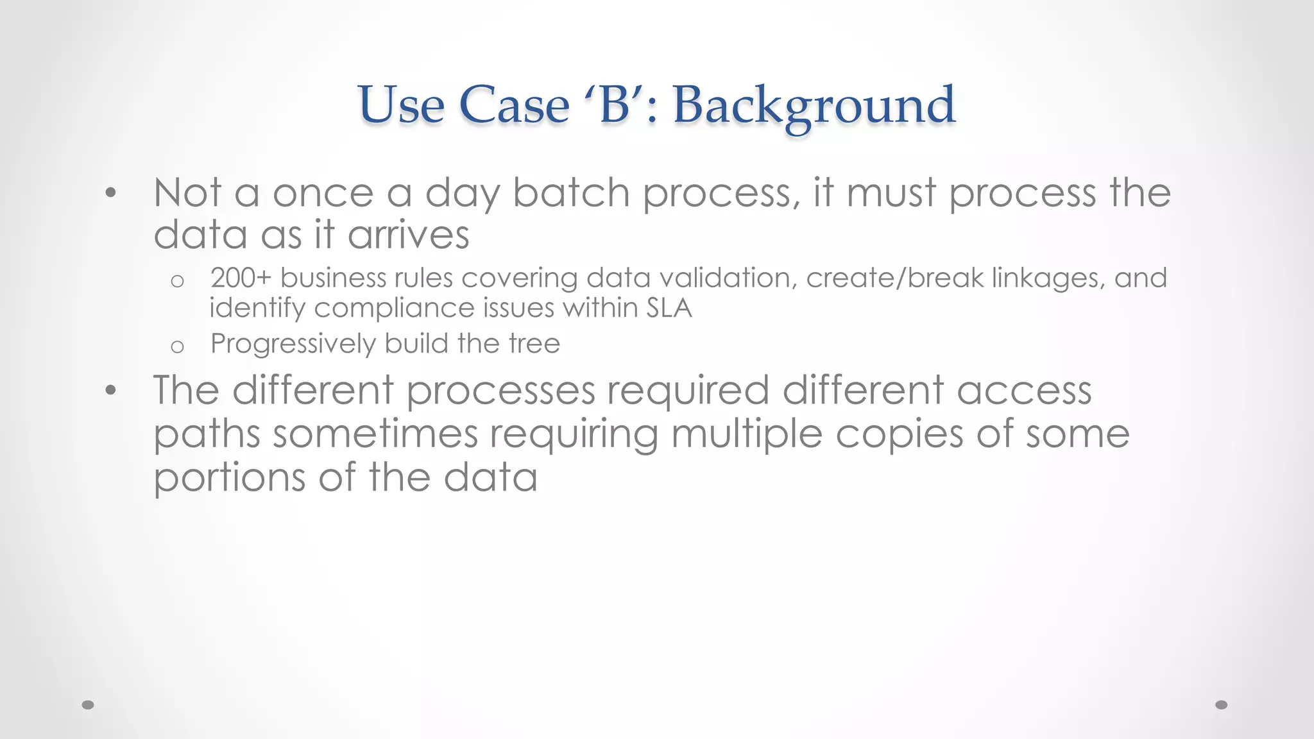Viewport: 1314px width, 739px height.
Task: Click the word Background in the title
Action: click(x=814, y=105)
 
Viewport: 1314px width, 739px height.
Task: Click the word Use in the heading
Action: click(x=401, y=105)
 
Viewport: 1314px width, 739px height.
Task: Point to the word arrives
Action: click(x=409, y=235)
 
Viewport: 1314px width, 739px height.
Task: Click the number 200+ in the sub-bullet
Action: click(x=241, y=278)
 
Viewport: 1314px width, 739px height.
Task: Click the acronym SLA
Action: click(x=669, y=308)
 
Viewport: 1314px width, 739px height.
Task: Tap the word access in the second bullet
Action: click(x=1024, y=390)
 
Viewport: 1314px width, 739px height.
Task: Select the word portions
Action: click(x=229, y=478)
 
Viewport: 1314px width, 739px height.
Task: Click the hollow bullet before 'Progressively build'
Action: click(x=178, y=347)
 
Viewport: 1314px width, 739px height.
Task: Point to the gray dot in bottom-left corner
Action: click(x=89, y=705)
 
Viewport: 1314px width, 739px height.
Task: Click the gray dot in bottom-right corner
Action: click(x=1222, y=705)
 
